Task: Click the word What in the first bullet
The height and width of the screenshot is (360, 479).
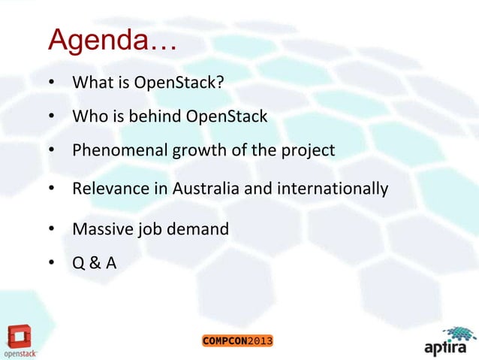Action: [90, 82]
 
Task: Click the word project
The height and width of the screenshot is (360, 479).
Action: [307, 150]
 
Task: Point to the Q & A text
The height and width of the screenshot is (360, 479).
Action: [95, 264]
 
